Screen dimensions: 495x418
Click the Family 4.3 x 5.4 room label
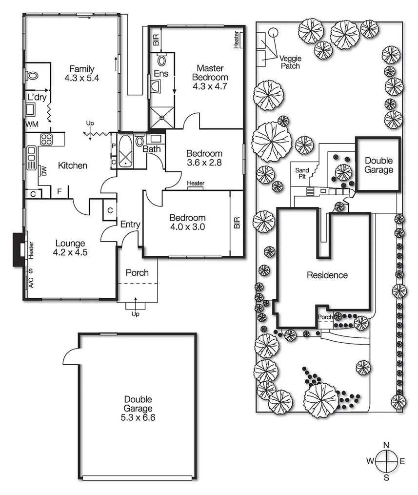(x=81, y=73)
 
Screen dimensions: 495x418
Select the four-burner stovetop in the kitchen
(x=46, y=139)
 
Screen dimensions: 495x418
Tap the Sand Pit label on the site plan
(x=302, y=173)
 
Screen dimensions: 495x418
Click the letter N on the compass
(x=386, y=445)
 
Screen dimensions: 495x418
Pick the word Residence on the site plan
(x=327, y=275)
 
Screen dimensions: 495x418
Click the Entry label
(x=130, y=225)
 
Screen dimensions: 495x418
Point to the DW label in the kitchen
(x=43, y=170)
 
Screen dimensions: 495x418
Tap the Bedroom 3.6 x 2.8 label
(x=204, y=158)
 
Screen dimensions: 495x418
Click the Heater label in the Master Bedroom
(x=236, y=40)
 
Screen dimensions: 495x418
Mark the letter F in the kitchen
(x=60, y=191)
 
